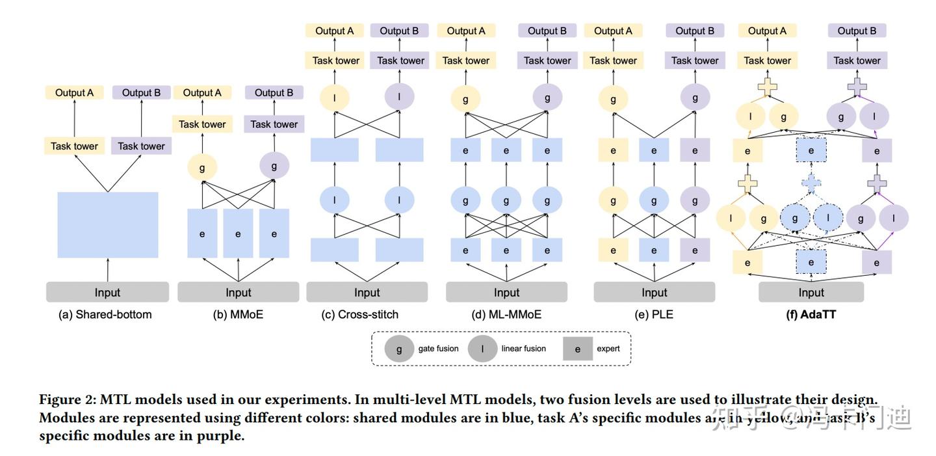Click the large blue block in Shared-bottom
tap(107, 224)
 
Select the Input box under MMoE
tap(238, 292)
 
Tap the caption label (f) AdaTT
tap(811, 314)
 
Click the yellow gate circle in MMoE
tap(202, 167)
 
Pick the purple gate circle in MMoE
tap(274, 166)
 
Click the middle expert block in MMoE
tap(238, 234)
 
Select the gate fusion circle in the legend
tap(399, 349)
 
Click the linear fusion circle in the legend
tap(482, 349)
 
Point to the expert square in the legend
tap(578, 349)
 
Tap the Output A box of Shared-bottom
tap(74, 92)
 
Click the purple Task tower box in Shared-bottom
tap(141, 146)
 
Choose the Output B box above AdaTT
tap(856, 31)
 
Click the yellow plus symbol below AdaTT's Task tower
tap(767, 87)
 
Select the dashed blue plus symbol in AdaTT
tap(811, 183)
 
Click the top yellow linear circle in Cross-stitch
tap(335, 98)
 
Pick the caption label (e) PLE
tap(654, 314)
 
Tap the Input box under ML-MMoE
tap(506, 292)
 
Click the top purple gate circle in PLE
tap(695, 98)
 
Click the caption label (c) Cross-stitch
tap(359, 314)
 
